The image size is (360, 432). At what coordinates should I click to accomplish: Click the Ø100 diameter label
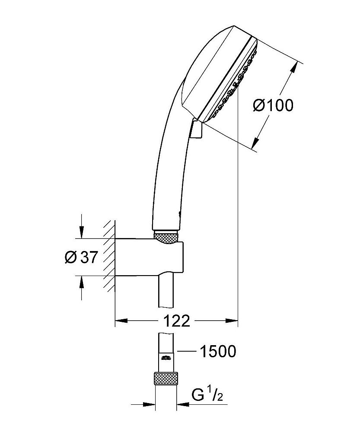[273, 105]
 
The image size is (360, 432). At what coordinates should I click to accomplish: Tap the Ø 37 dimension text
[81, 257]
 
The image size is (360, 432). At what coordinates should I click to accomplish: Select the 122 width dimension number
[177, 321]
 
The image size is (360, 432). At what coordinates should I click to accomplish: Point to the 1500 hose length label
[218, 351]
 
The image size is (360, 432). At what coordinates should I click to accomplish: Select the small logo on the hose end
[166, 358]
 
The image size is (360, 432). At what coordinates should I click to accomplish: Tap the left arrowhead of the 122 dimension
[122, 321]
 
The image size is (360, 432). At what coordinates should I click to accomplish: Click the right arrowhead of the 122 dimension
[232, 321]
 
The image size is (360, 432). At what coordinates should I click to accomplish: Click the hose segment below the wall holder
[166, 291]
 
